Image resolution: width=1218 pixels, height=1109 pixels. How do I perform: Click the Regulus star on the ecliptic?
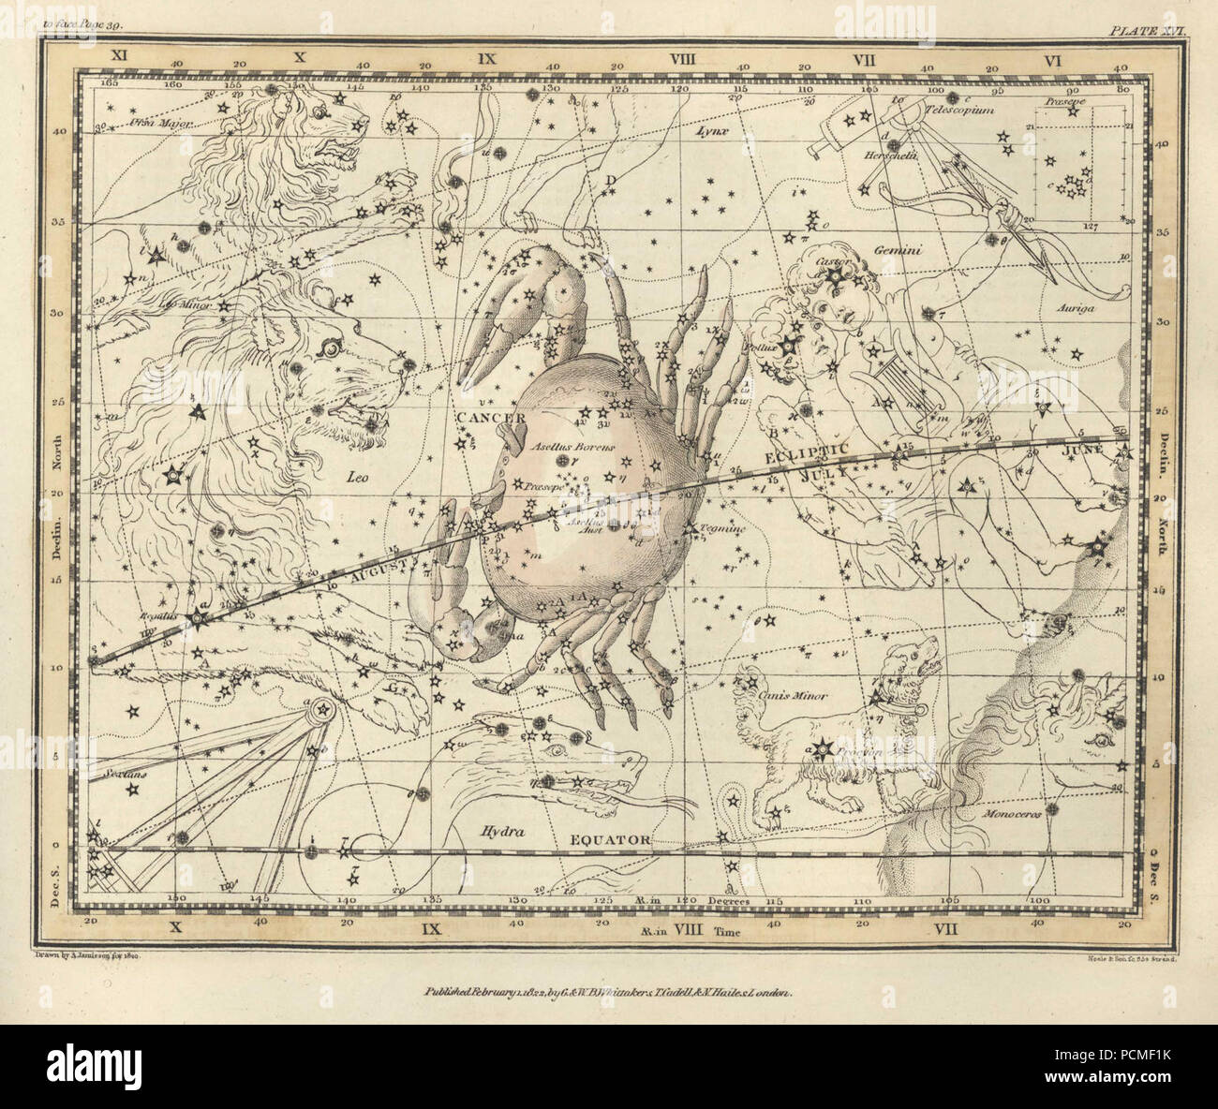coord(198,618)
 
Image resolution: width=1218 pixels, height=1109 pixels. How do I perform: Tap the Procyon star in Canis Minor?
coord(823,747)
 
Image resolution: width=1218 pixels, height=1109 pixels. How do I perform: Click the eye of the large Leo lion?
coord(330,348)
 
